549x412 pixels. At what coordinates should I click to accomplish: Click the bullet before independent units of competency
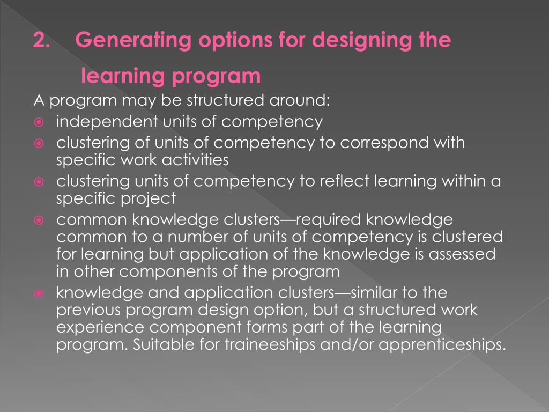coord(39,122)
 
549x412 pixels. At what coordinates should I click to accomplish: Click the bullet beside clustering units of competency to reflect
coord(39,182)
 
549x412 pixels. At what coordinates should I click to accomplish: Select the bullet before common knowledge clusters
coord(39,220)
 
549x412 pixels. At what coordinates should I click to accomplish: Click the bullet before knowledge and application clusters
coord(39,294)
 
